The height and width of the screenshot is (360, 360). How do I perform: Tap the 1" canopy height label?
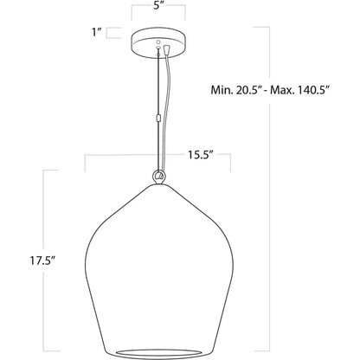(x=96, y=32)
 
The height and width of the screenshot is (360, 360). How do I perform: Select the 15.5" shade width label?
(x=201, y=155)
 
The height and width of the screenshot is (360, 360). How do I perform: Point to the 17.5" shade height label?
(x=42, y=260)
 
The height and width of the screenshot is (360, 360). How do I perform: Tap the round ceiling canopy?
(x=158, y=42)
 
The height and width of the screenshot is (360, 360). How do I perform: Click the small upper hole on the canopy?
(x=158, y=42)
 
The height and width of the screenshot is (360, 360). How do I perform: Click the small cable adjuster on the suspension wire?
(x=157, y=118)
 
